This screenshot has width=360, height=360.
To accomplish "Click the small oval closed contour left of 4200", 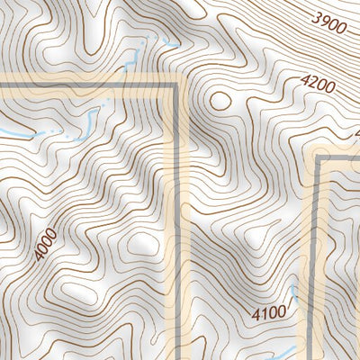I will click(x=219, y=99).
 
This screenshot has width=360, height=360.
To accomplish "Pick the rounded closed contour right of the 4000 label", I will click(x=141, y=243).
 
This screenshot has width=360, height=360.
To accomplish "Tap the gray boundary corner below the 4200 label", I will click(x=321, y=159).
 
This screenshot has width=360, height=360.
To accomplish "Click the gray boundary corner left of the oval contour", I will click(x=177, y=86).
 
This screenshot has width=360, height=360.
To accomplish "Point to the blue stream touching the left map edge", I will click(x=13, y=134).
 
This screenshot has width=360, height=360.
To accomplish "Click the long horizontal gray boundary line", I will click(x=90, y=86).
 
